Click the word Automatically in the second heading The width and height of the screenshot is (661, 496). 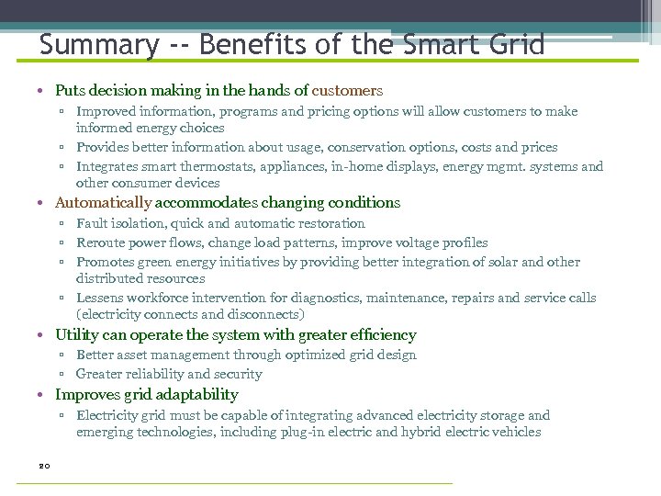pyautogui.click(x=103, y=203)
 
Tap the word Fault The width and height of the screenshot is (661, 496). pyautogui.click(x=92, y=223)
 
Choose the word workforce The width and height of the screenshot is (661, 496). pyautogui.click(x=157, y=298)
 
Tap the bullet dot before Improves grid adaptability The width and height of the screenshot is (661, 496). pyautogui.click(x=43, y=395)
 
